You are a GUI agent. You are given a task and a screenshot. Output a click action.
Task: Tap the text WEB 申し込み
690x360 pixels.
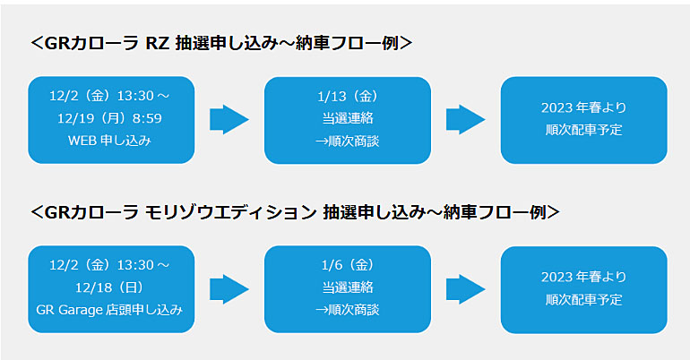109,141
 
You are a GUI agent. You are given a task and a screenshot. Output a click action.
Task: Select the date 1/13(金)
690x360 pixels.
348,96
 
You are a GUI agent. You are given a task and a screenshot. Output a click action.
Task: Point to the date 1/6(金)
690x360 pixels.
348,264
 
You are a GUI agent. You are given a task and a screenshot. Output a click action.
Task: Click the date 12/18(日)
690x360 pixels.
109,287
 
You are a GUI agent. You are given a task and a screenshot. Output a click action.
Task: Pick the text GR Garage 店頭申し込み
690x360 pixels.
109,310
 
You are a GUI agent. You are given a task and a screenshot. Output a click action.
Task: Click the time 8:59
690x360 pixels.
147,118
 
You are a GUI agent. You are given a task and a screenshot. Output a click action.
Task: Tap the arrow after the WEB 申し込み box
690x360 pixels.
229,119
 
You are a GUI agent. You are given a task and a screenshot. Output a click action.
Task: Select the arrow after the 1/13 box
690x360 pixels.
466,119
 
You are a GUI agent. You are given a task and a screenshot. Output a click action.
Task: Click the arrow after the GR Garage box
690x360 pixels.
229,289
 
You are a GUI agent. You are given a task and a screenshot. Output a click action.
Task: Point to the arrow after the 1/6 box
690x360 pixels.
466,289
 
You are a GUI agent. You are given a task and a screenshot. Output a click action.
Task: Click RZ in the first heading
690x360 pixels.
158,44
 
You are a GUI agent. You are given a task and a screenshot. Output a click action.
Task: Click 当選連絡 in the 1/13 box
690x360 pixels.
348,118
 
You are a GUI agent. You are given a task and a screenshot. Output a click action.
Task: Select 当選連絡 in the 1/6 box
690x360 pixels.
348,287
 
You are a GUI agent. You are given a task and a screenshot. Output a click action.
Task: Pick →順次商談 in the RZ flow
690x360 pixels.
348,141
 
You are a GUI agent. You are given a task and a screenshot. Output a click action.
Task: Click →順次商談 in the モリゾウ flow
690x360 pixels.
348,310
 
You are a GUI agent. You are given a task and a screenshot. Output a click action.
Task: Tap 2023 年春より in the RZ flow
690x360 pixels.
583,107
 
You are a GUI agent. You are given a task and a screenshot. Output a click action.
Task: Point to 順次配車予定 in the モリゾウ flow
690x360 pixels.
583,299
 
